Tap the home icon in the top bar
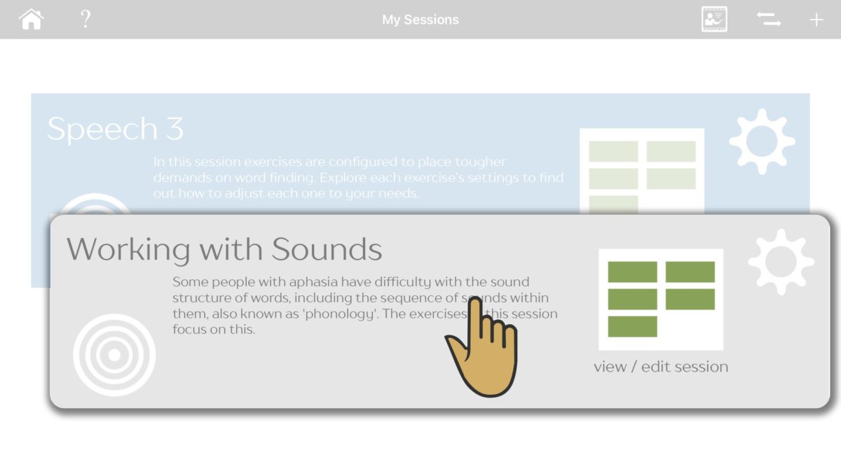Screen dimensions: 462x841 [32, 19]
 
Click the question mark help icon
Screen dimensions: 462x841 [86, 19]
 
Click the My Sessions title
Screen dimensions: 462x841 [420, 20]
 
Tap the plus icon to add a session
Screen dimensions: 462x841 [816, 20]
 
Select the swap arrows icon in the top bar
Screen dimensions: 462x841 [769, 20]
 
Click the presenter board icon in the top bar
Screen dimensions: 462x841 [714, 19]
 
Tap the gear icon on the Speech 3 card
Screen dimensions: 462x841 [762, 141]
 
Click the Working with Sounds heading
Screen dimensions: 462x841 [224, 250]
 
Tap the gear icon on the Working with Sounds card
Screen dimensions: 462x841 [781, 262]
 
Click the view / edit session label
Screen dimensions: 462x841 [660, 367]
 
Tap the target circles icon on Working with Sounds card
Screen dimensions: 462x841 [114, 355]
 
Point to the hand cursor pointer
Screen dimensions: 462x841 [484, 350]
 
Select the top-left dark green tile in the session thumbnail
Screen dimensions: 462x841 [632, 272]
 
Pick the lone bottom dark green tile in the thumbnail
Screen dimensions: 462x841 [632, 326]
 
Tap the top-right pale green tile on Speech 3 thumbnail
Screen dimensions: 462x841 [671, 151]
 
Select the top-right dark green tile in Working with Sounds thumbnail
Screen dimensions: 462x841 [690, 272]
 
